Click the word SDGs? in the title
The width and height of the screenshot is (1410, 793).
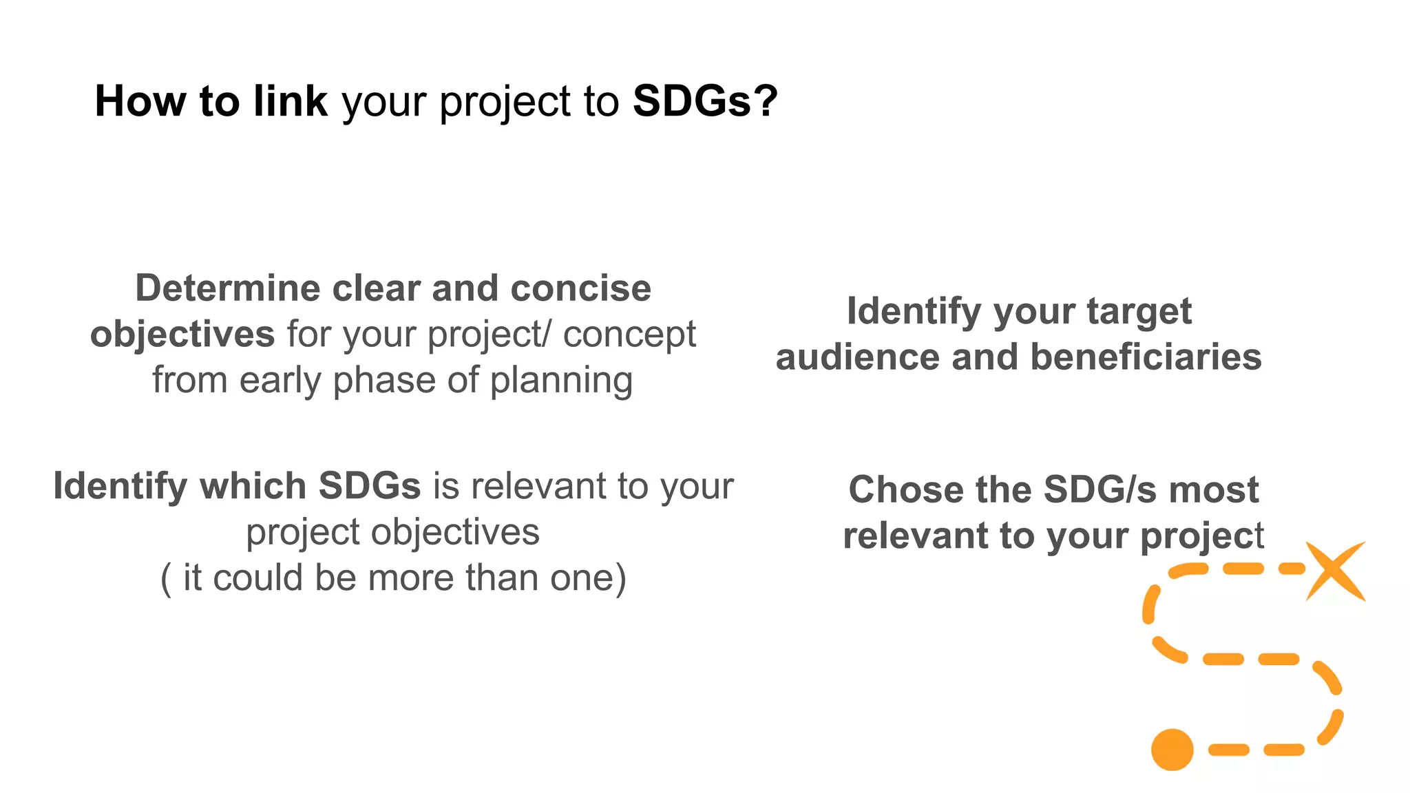point(705,101)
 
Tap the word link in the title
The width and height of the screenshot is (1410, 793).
point(290,101)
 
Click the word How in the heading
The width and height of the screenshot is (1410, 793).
point(140,101)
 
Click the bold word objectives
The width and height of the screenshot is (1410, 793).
point(182,335)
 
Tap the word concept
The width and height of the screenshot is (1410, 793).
point(629,335)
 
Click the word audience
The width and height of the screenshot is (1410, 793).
point(857,357)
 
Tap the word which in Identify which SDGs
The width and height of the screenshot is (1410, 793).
point(253,486)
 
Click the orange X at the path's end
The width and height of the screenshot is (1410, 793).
point(1336,571)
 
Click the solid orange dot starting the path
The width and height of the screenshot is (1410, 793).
point(1172,750)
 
